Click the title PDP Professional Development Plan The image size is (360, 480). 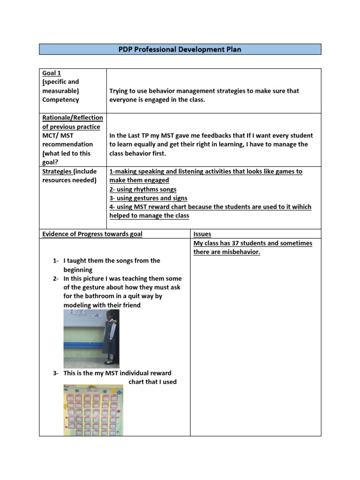180,49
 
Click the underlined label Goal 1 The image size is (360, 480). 52,73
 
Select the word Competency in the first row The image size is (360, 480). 60,100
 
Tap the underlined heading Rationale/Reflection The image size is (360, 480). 73,118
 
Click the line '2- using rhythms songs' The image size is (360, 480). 143,189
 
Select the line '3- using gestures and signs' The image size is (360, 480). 148,198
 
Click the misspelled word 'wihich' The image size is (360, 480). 301,207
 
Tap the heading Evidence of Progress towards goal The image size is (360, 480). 92,234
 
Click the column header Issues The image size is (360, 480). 202,234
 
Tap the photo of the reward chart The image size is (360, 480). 93,411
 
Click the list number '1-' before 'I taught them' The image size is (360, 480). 56,261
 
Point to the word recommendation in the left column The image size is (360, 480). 67,144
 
